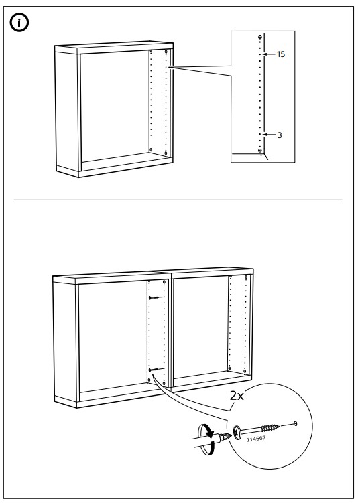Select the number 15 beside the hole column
[x=280, y=54]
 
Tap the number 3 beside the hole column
[x=279, y=135]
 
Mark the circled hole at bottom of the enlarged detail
[x=259, y=151]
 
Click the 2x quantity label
[x=237, y=396]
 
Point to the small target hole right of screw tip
[x=296, y=423]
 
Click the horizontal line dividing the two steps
[x=180, y=200]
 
